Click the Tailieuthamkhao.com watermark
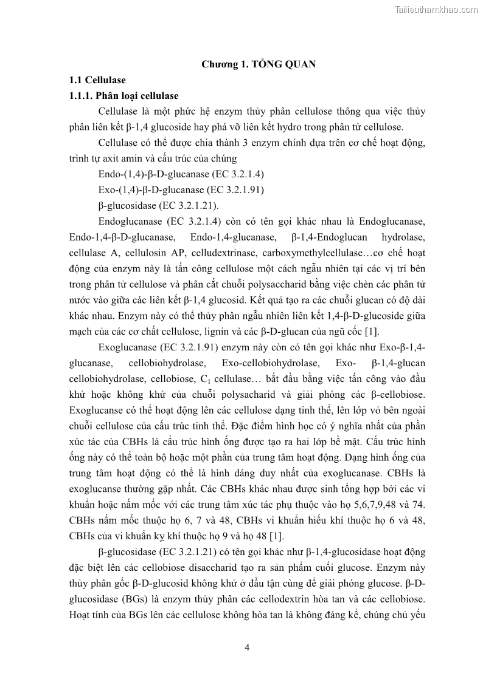436,9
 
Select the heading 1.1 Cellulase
97,80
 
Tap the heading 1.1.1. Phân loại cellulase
123,95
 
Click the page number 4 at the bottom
246,647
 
